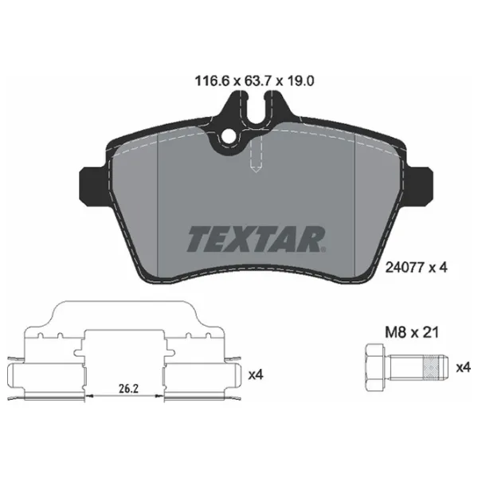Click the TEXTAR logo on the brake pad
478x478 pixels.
[256, 239]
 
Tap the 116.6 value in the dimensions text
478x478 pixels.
[212, 81]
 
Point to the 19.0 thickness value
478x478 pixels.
[300, 81]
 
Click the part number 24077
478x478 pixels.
[405, 268]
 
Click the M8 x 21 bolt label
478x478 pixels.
[412, 332]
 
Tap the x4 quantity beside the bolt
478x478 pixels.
[464, 367]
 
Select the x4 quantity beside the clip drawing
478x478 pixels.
[256, 374]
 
